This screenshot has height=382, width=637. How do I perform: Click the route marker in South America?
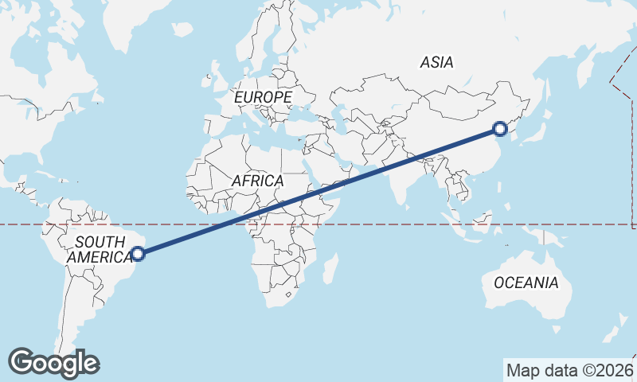click(x=138, y=254)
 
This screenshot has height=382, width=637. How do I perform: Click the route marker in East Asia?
click(x=500, y=128)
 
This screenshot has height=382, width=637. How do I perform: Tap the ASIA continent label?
click(x=436, y=62)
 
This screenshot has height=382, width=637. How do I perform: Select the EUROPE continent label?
click(x=264, y=97)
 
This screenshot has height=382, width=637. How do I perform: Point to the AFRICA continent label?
click(x=257, y=181)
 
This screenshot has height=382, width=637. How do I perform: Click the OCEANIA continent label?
click(x=526, y=283)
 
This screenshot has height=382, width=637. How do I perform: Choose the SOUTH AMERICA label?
click(x=100, y=249)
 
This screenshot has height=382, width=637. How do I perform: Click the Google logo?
click(x=54, y=363)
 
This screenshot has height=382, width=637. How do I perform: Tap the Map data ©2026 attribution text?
click(x=569, y=370)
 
